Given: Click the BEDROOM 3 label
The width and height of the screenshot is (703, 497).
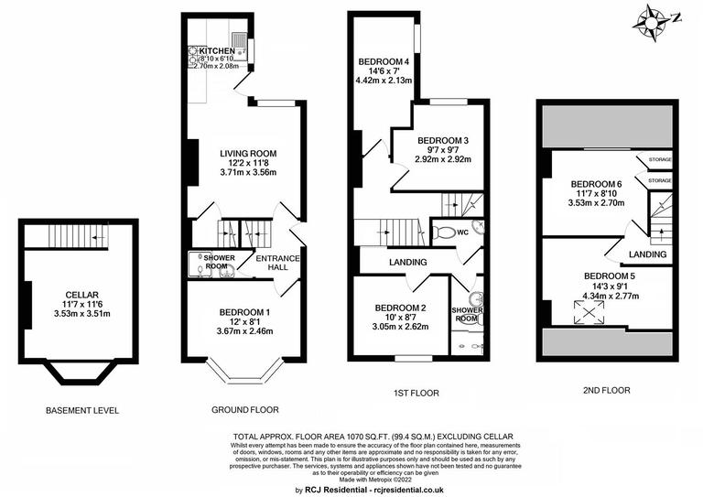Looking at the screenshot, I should pyautogui.click(x=442, y=140).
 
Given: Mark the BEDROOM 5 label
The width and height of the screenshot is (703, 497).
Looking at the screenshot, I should pyautogui.click(x=609, y=275).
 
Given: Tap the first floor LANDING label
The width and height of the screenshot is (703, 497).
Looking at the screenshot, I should pyautogui.click(x=408, y=263).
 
